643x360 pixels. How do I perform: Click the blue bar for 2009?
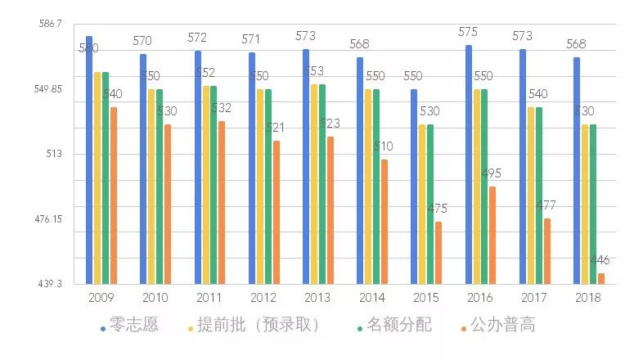[89, 160]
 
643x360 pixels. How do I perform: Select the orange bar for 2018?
[601, 278]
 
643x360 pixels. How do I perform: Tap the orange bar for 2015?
[438, 252]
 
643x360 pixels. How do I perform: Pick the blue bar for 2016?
[469, 164]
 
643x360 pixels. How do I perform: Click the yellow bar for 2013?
[314, 183]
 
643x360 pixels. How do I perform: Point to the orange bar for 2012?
[277, 212]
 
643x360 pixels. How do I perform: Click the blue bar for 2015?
[414, 186]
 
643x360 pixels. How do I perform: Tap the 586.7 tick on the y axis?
[50, 25]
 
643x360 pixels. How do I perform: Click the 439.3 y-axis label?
[50, 283]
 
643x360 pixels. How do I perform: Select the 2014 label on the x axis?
[371, 298]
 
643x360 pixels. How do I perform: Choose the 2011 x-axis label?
[209, 298]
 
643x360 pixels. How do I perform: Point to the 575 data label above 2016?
[469, 32]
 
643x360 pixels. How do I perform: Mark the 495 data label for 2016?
[491, 173]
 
